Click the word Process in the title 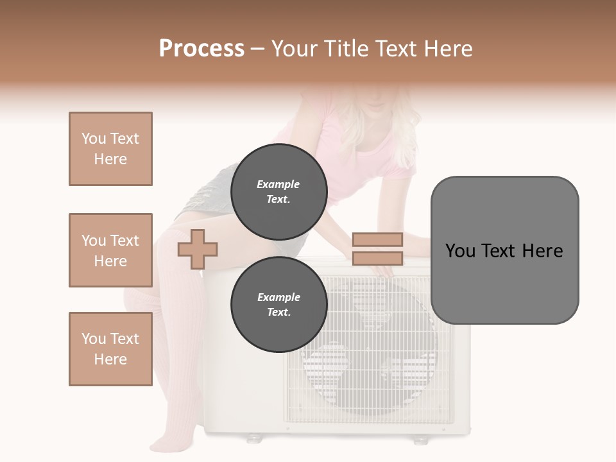coord(201,49)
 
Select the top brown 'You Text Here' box coord(110,149)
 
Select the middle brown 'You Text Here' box coord(110,250)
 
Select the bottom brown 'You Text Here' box coord(110,349)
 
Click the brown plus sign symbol coord(198,249)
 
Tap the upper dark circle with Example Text coord(279,191)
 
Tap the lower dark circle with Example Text coord(279,304)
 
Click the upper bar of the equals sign coord(377,239)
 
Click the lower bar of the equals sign coord(377,259)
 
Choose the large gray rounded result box coord(504,250)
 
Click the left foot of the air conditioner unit coord(254,438)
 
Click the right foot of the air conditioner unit coord(420,440)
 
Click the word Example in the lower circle coord(278,297)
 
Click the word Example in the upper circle coord(278,184)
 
